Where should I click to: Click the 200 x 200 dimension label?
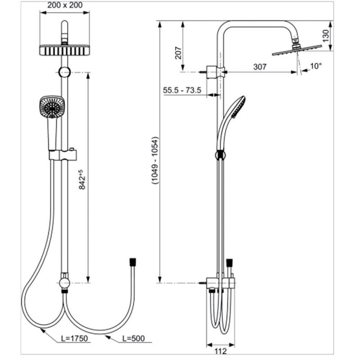[65, 5]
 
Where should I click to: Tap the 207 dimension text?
[178, 53]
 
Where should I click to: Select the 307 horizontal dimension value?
[260, 67]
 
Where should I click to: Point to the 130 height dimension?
[325, 36]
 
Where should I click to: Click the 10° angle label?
[316, 66]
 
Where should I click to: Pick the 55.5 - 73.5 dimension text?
[182, 90]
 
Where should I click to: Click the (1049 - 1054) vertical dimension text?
[155, 161]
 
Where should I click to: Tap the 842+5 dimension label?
[82, 180]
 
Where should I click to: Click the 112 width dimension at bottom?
[220, 351]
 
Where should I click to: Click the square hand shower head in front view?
[52, 107]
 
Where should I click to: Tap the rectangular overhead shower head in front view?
[64, 50]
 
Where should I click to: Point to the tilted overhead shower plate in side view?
[297, 50]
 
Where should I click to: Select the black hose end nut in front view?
[133, 262]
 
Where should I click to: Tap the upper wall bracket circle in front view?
[64, 72]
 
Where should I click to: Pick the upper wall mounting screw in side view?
[203, 72]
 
